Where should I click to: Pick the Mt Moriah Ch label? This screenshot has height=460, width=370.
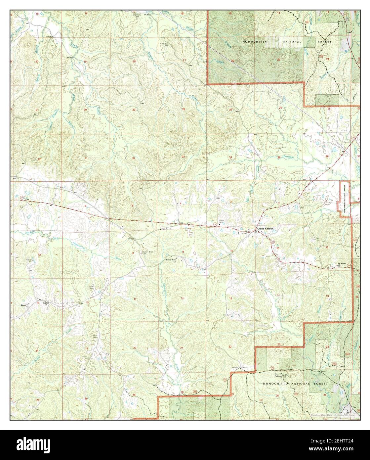click(341, 264)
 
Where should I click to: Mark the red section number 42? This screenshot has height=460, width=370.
click(39, 159)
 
